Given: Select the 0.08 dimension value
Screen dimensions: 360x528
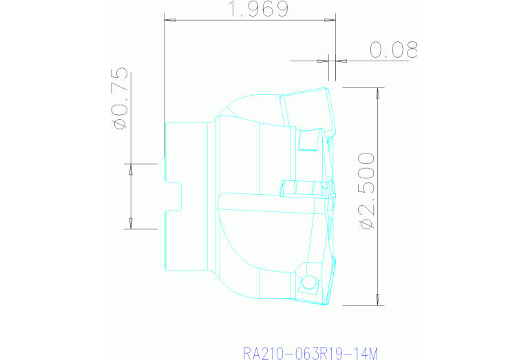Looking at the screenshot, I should (x=393, y=50).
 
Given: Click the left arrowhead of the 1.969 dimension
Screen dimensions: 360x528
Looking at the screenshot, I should (x=169, y=21).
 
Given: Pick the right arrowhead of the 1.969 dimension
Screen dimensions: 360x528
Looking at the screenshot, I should (x=332, y=21).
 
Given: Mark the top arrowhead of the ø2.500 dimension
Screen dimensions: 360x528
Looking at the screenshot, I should (x=378, y=93).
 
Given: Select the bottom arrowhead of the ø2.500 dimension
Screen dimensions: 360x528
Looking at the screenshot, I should (x=378, y=299).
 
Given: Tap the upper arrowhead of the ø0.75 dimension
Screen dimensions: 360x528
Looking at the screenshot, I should (x=130, y=169).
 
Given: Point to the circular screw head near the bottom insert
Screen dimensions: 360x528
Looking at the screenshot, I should (x=308, y=282).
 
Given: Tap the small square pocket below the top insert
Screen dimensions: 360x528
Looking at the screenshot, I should (x=307, y=140).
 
